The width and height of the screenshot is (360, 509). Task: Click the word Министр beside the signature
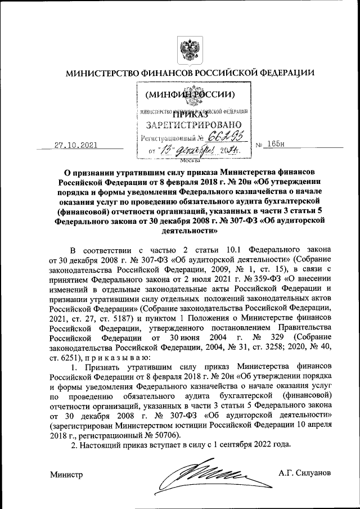click(66, 475)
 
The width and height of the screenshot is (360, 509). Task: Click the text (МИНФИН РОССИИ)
click(190, 93)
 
